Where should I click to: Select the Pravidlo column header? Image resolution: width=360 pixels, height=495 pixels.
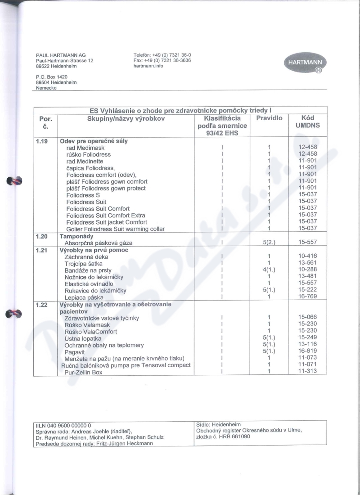269,118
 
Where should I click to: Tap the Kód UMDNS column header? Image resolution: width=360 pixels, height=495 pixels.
308,122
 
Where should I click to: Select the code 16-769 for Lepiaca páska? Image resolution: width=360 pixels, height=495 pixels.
307,297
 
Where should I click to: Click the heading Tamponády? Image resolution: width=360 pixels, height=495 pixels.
76,236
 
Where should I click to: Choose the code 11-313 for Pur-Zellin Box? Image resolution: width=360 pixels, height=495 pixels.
307,371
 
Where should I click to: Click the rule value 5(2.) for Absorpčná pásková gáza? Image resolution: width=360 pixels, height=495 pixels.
269,243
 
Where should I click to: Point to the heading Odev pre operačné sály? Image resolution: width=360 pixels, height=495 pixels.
94,141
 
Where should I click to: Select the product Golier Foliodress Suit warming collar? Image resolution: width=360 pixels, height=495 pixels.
115,229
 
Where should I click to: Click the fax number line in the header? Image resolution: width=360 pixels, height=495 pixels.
162,60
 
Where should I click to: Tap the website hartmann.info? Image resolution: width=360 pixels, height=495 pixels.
148,66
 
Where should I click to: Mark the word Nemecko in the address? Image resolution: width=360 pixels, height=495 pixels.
46,88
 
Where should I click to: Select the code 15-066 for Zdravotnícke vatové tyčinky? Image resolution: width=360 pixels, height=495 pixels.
307,317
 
